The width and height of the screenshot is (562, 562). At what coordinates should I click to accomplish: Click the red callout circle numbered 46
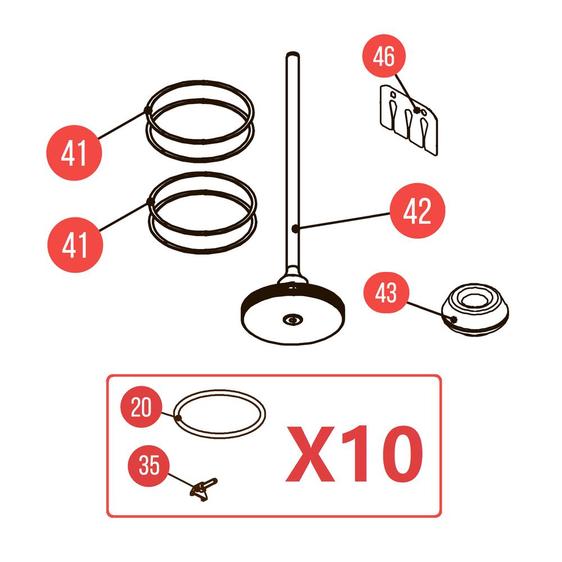click(x=384, y=56)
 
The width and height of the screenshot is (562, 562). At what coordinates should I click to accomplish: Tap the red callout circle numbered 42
click(x=417, y=211)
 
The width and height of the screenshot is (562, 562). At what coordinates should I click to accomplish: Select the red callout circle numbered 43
click(x=386, y=292)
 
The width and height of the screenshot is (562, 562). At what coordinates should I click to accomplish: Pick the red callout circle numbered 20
click(x=141, y=407)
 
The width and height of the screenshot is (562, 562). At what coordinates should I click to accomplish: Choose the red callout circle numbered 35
click(x=149, y=465)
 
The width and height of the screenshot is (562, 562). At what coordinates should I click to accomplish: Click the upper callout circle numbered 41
click(x=74, y=153)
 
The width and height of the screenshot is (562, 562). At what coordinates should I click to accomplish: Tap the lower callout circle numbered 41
click(x=75, y=245)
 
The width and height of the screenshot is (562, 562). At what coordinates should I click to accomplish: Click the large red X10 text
click(x=354, y=454)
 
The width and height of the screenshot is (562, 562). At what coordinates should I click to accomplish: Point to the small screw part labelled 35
click(x=203, y=489)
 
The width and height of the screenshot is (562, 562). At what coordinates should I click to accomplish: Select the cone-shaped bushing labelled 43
click(x=475, y=310)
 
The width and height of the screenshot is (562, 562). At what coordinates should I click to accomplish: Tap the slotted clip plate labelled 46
click(x=409, y=120)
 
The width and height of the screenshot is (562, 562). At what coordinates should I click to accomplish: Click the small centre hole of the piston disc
click(x=293, y=320)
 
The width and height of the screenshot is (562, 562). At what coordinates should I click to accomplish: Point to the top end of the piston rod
click(x=293, y=54)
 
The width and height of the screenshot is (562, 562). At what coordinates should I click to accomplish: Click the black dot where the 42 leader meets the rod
click(x=295, y=228)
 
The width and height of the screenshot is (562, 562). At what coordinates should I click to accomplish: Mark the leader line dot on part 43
click(x=454, y=319)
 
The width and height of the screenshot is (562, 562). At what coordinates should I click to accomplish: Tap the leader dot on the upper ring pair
click(x=148, y=110)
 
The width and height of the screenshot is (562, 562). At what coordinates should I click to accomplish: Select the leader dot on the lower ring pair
click(x=150, y=202)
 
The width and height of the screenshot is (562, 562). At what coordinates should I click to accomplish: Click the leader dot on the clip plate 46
click(x=416, y=110)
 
